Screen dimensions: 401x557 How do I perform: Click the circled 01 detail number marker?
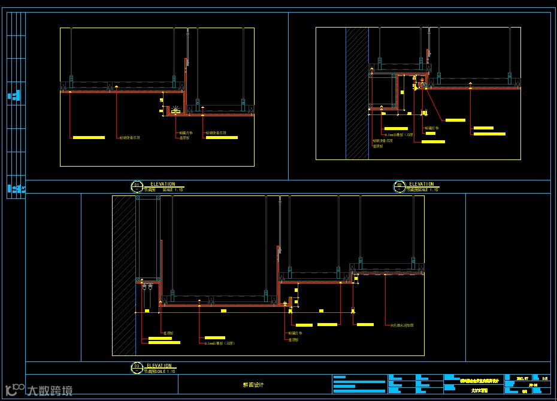tap(137, 186)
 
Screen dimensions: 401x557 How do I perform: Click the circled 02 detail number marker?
tap(399, 186)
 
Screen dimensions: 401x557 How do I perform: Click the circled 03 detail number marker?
tap(137, 367)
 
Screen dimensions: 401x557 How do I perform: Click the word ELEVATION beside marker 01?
tap(163, 184)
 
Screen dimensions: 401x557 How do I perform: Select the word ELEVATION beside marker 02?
tap(422, 184)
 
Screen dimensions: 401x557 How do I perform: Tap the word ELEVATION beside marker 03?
tap(159, 366)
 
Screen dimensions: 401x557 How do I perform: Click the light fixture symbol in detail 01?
tap(175, 111)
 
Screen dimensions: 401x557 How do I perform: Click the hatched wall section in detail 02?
tap(357, 93)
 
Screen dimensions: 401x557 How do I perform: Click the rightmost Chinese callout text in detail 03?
tap(402, 325)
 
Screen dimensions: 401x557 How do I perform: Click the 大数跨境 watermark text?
tap(50, 391)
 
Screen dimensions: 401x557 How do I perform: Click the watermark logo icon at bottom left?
tap(14, 389)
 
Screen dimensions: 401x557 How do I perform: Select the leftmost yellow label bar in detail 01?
tap(89, 138)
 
